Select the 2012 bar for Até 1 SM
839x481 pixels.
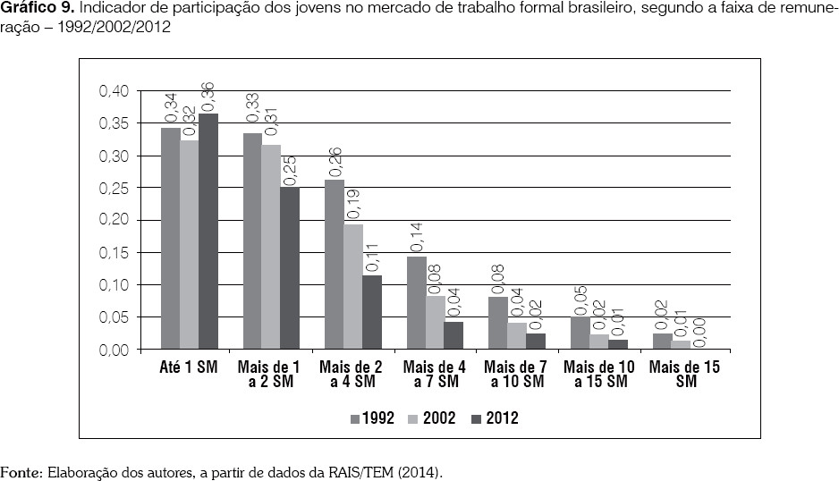click(x=208, y=232)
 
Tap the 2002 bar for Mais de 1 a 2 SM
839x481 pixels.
click(x=271, y=247)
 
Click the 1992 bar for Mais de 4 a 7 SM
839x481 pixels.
click(x=416, y=303)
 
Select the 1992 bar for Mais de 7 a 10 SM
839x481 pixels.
click(x=498, y=323)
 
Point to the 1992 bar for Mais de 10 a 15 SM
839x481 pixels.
click(x=580, y=333)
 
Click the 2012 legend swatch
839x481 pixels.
click(x=476, y=418)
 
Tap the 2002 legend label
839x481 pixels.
click(x=440, y=418)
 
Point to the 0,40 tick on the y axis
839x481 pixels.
click(x=113, y=91)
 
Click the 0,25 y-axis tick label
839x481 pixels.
click(x=113, y=188)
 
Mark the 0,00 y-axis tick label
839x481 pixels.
click(x=113, y=350)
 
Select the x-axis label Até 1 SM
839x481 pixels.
click(x=189, y=367)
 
